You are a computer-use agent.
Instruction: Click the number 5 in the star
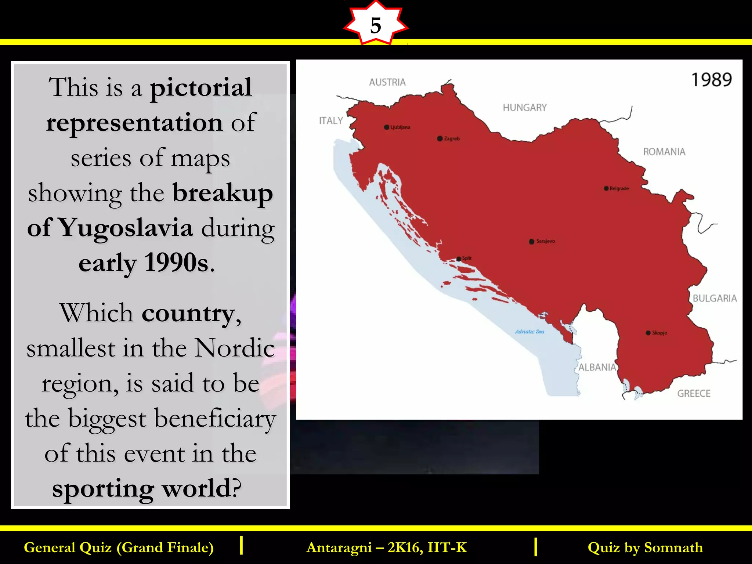coord(376,26)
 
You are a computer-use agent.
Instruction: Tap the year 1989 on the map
coord(711,80)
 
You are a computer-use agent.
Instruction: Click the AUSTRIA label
coord(387,82)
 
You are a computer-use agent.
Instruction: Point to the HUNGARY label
coord(525,108)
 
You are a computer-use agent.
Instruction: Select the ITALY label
coord(331,121)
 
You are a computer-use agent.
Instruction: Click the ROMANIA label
coord(664,152)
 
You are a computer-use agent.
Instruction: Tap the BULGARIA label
coord(715,298)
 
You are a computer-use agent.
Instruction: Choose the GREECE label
coord(694,394)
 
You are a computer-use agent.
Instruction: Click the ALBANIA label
coord(597,367)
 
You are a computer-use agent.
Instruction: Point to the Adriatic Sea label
coord(529,332)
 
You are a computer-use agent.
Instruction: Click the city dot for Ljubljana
coord(387,127)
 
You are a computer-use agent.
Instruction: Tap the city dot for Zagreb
coord(440,138)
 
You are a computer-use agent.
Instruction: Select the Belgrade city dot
coord(606,188)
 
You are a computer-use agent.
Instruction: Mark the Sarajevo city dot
coord(531,241)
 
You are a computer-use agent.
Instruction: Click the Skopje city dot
coord(648,333)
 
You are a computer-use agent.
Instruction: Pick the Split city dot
coord(459,259)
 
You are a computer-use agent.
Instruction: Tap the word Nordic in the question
coord(234,348)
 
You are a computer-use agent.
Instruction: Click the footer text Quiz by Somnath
coord(645,547)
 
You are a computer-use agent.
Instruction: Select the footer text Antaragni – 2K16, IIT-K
coord(387,547)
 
